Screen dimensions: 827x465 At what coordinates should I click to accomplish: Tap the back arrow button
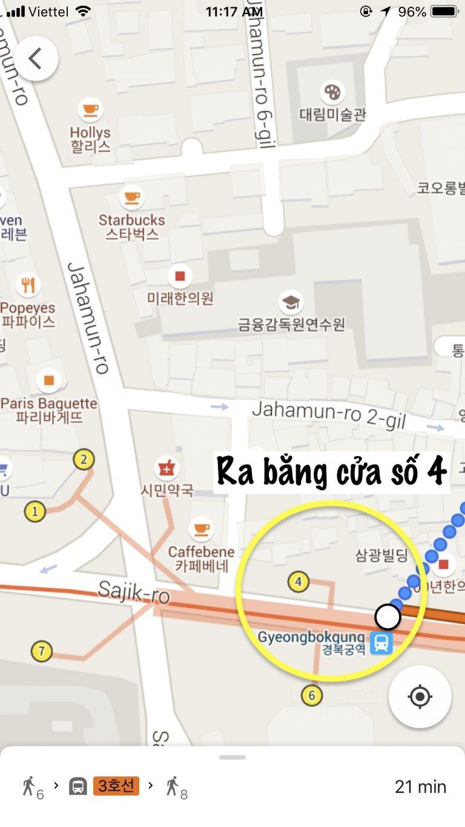click(x=36, y=59)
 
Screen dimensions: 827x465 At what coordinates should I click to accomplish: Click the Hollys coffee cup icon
click(x=90, y=110)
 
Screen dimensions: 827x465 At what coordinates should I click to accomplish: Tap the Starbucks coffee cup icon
click(x=131, y=196)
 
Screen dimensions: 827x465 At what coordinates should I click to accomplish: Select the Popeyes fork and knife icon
click(x=28, y=284)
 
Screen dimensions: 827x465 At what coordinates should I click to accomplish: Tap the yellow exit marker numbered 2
click(x=84, y=460)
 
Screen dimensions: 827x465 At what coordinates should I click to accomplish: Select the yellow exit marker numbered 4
click(x=298, y=583)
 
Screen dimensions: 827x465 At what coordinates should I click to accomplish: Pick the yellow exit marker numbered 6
click(x=311, y=695)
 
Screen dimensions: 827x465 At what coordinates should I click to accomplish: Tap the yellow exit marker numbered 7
click(x=41, y=652)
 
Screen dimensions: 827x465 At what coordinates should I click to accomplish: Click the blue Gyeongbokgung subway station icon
click(x=381, y=642)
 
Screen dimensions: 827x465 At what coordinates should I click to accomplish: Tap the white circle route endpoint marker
click(x=387, y=617)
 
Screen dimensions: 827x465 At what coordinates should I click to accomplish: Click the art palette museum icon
click(x=332, y=91)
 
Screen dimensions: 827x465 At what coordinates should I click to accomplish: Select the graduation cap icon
click(x=291, y=301)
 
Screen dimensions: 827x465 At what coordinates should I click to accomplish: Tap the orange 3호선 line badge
click(x=116, y=786)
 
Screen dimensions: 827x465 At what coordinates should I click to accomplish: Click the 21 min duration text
click(x=420, y=786)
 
